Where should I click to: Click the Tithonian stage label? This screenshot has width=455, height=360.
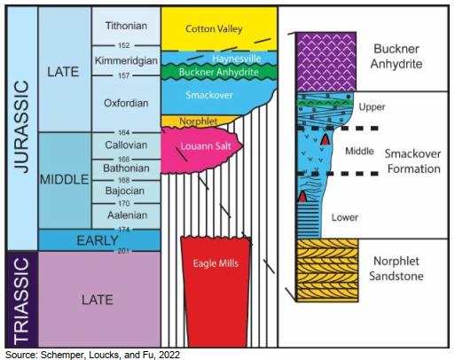click(126, 26)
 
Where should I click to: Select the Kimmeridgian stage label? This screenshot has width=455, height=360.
click(126, 60)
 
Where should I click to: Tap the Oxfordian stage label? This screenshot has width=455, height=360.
click(126, 103)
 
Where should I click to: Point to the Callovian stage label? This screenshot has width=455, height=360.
click(126, 145)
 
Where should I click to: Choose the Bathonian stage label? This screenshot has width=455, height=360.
click(126, 168)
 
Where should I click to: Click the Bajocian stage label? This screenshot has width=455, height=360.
click(125, 191)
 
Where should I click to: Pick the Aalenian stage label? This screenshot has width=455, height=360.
click(127, 215)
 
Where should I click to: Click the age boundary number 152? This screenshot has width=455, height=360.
click(124, 45)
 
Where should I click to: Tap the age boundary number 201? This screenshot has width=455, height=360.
click(123, 251)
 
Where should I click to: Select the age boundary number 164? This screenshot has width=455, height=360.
click(124, 132)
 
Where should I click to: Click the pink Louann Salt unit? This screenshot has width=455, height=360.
click(201, 150)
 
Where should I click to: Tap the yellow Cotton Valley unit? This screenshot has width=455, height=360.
click(219, 28)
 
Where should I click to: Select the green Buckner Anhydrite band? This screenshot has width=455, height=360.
click(219, 72)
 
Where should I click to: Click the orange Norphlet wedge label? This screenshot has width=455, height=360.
click(199, 121)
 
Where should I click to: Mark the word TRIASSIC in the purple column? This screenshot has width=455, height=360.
click(21, 300)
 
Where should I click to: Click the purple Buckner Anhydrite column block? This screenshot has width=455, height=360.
click(326, 61)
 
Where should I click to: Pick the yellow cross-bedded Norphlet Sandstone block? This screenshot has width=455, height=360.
click(327, 270)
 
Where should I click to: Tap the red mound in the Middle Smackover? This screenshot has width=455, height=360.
click(326, 139)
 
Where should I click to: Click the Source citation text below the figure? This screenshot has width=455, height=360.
click(92, 355)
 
